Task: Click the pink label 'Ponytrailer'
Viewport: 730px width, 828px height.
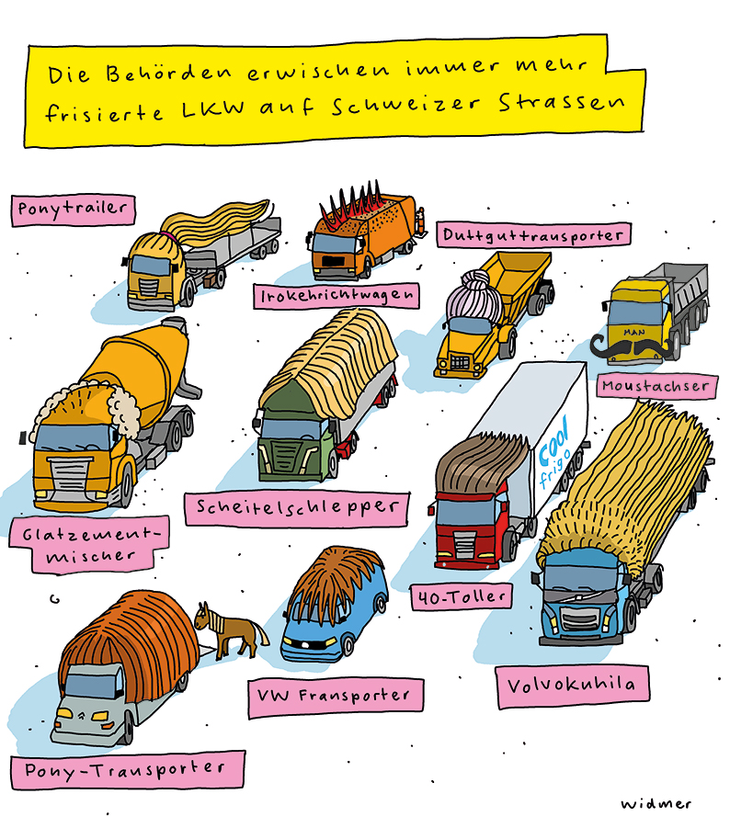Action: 73,209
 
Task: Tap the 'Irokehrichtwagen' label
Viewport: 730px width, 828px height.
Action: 336,296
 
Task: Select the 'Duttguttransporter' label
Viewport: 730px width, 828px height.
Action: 532,234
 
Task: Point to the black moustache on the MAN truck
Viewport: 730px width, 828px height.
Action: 634,348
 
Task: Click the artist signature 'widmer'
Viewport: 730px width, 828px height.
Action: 654,802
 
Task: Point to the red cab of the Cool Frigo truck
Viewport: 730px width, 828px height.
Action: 469,528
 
